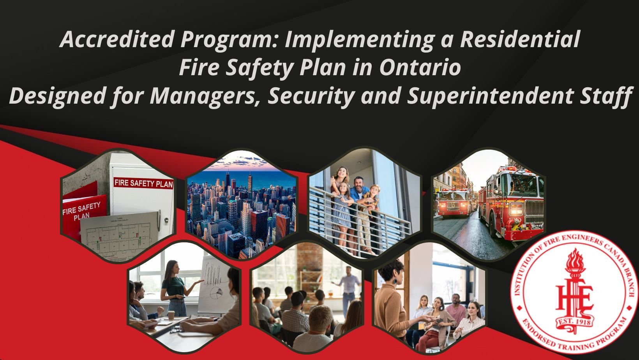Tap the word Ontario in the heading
[420, 68]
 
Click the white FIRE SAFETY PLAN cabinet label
[143, 183]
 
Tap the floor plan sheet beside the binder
[117, 236]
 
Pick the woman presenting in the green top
[174, 284]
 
